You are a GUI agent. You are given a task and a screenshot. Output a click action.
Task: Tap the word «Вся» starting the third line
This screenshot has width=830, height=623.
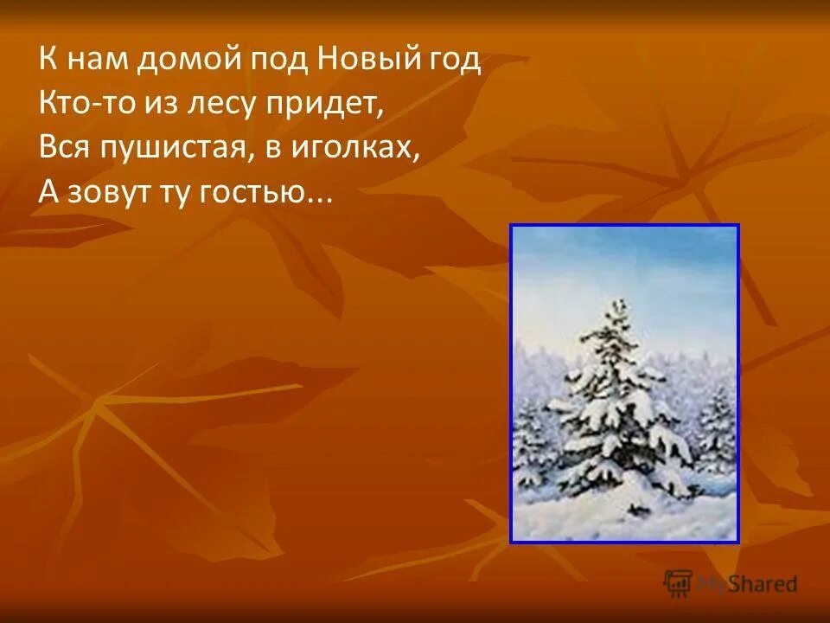(x=62, y=148)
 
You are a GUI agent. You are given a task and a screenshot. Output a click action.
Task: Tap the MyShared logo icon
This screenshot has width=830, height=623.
(x=679, y=583)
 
